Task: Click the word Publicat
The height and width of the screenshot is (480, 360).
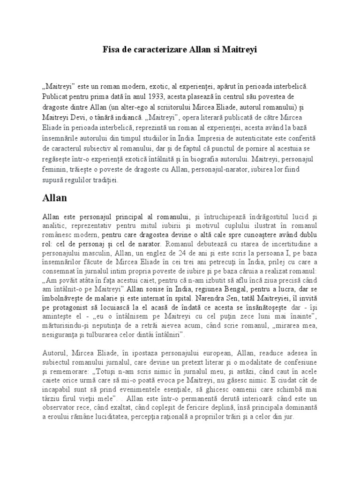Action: coord(56,97)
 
